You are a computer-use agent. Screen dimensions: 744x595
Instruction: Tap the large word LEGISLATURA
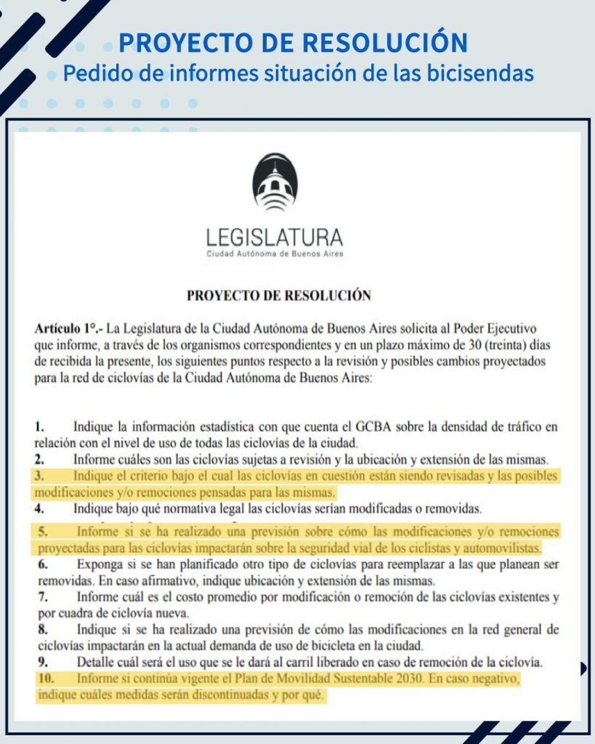pos(275,238)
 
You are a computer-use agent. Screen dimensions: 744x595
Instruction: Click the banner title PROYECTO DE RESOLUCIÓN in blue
pos(293,43)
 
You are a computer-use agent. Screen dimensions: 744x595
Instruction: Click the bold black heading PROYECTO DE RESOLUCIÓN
pos(279,296)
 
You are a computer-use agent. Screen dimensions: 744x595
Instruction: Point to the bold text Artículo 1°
pos(66,328)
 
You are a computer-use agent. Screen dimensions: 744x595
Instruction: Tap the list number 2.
pos(41,459)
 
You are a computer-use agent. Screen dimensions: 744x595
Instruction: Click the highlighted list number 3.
pos(41,476)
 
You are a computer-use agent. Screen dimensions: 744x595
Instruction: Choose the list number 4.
pos(41,507)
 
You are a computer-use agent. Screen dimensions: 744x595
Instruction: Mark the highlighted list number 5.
pos(41,531)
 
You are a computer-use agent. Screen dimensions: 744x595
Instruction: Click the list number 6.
pos(41,565)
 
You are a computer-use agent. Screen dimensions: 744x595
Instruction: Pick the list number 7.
pos(41,597)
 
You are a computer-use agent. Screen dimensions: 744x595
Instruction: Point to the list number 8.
pos(41,629)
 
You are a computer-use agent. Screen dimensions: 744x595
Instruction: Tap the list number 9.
pos(41,662)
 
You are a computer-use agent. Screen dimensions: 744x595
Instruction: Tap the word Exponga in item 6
pos(99,565)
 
